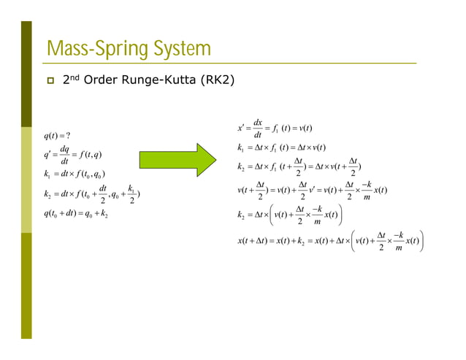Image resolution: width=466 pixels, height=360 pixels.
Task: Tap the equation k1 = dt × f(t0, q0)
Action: click(74, 174)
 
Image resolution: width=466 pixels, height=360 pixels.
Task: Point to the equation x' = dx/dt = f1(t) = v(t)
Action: click(275, 129)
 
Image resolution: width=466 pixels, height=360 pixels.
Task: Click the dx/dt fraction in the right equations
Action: click(258, 129)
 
